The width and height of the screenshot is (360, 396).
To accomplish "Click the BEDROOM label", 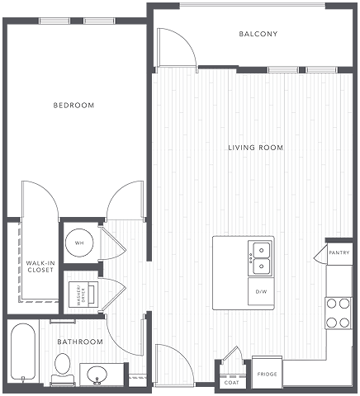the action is pos(73,105).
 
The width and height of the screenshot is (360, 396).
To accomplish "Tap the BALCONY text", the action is pos(258,34).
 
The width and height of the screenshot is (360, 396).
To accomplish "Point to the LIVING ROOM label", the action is pos(256,148).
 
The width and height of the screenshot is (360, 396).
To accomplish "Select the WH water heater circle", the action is pos(79,243).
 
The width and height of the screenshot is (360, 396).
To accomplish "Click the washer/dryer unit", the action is pos(83,295).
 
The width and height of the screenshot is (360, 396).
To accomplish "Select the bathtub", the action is pos(23,353).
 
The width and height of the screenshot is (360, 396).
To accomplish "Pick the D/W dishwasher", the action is pos(261,291).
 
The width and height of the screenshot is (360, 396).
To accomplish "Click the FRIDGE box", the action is pos(268,373).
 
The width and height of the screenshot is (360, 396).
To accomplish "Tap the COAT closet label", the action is pos(231,382).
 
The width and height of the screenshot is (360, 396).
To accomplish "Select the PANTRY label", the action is pos(339,252).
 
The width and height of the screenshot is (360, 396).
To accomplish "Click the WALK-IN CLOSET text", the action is pos(40,266).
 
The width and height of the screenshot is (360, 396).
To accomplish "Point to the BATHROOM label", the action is pos(80,342).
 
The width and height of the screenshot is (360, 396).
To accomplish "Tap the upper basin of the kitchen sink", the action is pos(261,250).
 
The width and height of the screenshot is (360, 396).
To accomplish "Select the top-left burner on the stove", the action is pos(332,304).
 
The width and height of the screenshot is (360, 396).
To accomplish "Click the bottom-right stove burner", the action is pos(344,323).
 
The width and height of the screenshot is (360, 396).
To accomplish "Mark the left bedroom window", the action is pos(54,21).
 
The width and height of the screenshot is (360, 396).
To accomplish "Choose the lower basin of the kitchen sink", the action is pos(261,266).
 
